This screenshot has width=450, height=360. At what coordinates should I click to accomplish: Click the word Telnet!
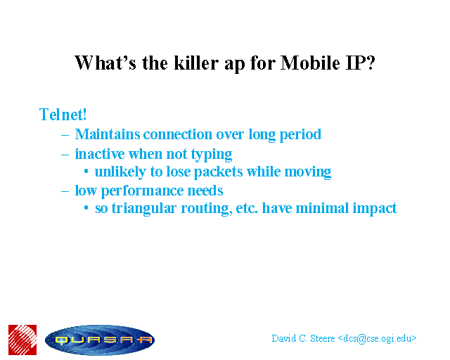(x=63, y=115)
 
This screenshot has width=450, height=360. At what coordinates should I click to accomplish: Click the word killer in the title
(x=196, y=63)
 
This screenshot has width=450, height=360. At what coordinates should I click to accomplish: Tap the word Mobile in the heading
(x=310, y=63)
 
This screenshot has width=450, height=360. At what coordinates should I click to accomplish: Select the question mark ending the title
(x=371, y=63)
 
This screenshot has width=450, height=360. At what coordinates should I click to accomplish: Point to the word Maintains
(x=108, y=134)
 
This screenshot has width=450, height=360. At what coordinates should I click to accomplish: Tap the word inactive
(x=100, y=154)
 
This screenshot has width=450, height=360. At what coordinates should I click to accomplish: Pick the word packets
(x=219, y=172)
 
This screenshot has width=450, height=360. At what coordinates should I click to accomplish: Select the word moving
(x=308, y=172)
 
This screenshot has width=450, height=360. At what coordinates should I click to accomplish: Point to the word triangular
(x=144, y=209)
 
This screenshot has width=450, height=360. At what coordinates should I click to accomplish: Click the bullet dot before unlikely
(x=86, y=172)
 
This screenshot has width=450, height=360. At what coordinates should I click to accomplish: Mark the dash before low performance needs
(x=65, y=191)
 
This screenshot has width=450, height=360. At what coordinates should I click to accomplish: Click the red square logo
(x=22, y=340)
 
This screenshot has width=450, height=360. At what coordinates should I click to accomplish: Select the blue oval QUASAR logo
(x=100, y=340)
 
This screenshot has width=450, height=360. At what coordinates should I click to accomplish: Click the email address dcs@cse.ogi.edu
(x=377, y=339)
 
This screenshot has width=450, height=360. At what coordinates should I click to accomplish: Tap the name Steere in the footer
(x=323, y=338)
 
